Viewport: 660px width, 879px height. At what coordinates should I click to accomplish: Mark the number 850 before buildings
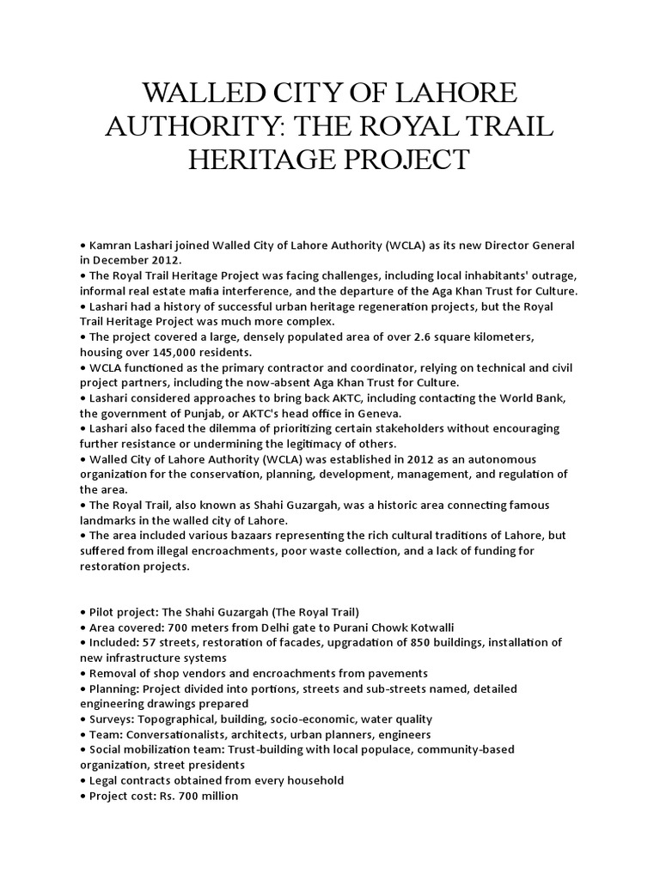point(425,642)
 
